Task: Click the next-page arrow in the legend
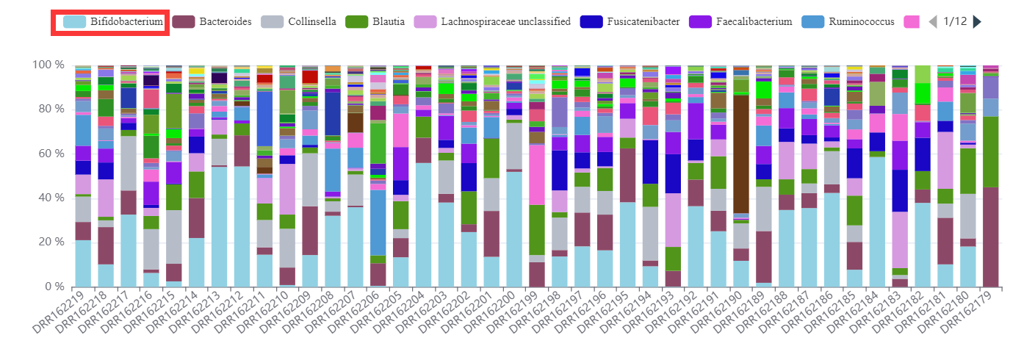(977, 21)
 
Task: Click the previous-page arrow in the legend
(932, 21)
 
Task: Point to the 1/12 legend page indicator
(954, 21)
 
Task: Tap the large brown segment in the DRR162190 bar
(740, 154)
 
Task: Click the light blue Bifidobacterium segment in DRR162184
(877, 220)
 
